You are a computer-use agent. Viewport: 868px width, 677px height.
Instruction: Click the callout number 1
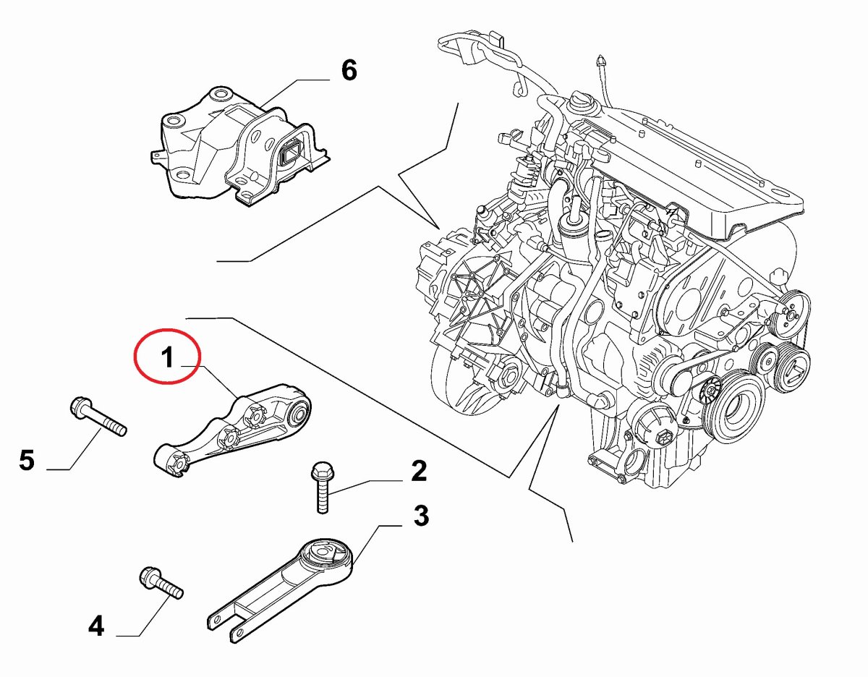[x=167, y=357]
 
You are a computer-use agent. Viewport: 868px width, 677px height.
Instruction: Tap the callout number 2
[x=419, y=471]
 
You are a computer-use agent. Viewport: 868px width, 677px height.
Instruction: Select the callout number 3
[x=421, y=516]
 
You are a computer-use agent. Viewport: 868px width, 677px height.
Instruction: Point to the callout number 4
[x=96, y=625]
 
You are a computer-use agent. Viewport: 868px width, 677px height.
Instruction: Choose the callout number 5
[x=27, y=460]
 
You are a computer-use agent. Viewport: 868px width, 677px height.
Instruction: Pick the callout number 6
[x=349, y=71]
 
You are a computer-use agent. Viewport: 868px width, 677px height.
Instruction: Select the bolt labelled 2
[x=320, y=489]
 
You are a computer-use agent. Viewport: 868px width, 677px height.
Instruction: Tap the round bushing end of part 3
[x=326, y=558]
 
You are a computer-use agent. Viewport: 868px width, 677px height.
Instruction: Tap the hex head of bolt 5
[x=79, y=407]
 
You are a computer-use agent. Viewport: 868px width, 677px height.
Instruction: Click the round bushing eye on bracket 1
[x=298, y=415]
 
